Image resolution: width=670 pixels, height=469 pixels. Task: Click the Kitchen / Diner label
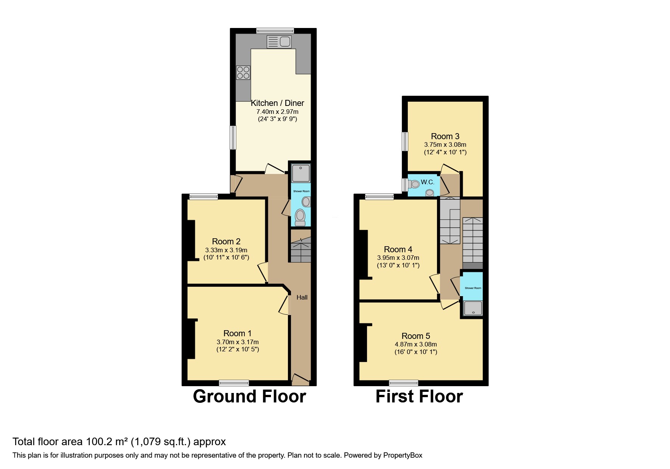click(x=277, y=103)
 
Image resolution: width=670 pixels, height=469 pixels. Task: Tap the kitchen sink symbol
click(x=279, y=42)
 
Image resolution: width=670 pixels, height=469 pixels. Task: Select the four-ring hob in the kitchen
click(x=243, y=73)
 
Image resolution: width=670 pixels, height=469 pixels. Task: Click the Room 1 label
click(x=238, y=333)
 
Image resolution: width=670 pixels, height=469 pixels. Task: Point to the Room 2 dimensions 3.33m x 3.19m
click(x=226, y=250)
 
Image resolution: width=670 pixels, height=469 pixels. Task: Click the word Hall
click(x=302, y=297)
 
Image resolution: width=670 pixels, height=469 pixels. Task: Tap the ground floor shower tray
click(x=301, y=173)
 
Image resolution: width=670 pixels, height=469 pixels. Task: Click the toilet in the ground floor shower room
click(x=300, y=217)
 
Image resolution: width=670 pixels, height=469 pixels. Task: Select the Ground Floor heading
click(x=249, y=396)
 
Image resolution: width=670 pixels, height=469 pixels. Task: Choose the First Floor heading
click(x=419, y=396)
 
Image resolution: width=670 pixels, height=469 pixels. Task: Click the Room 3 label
click(x=445, y=136)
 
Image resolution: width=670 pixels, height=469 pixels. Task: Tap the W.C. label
click(x=427, y=182)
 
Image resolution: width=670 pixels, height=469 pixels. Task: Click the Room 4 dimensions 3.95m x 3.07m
click(x=398, y=258)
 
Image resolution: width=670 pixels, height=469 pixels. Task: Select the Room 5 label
click(x=416, y=336)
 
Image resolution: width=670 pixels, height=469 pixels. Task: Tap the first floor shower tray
click(x=473, y=308)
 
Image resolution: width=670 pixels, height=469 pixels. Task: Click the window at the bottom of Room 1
click(x=234, y=383)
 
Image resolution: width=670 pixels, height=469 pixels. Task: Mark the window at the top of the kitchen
click(x=275, y=31)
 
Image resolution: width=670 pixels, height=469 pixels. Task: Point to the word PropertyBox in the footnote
click(x=403, y=455)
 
